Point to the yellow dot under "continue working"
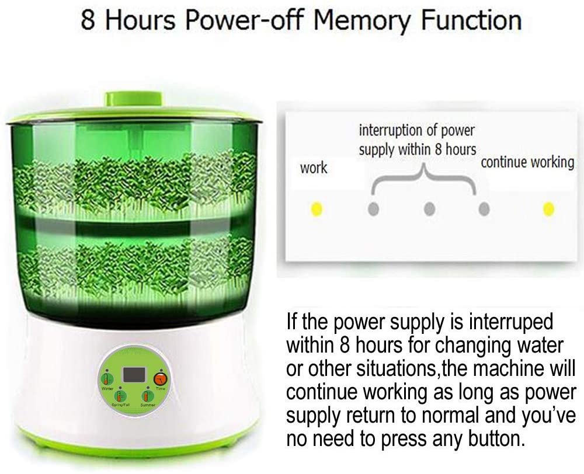[548, 208]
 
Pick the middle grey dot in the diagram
[430, 208]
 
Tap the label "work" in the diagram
[314, 169]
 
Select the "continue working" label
[527, 162]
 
